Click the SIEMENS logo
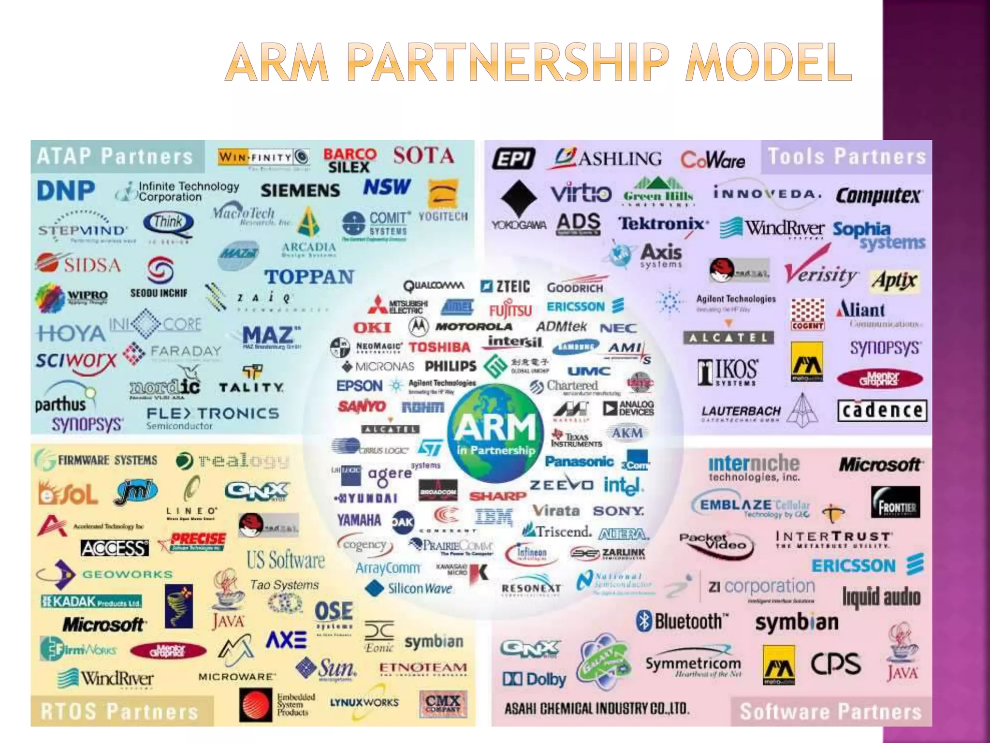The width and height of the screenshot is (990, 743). (300, 191)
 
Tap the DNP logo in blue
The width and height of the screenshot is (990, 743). (66, 191)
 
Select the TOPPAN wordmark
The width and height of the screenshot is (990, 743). (309, 277)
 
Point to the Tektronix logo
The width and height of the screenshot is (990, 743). (661, 223)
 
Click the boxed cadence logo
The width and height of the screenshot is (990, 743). (882, 411)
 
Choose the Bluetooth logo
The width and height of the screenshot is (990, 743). (683, 621)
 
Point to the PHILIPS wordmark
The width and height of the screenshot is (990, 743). (450, 366)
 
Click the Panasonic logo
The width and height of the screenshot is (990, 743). (579, 461)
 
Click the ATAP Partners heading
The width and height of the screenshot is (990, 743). (115, 157)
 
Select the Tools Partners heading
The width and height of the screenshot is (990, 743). (846, 157)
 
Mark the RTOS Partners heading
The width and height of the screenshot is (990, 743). (119, 711)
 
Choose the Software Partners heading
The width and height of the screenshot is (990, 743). (830, 711)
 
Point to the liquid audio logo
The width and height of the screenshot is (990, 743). (881, 597)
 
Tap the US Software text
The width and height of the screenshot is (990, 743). (286, 560)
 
